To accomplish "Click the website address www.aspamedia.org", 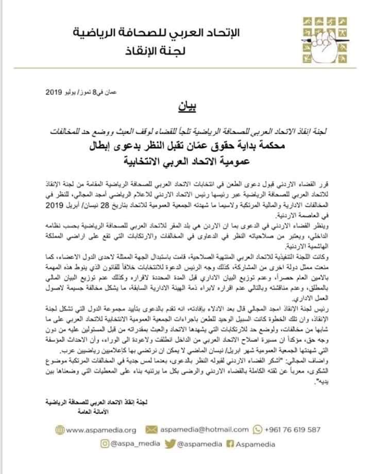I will coord(97,429).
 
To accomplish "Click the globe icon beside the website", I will coord(61,429).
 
